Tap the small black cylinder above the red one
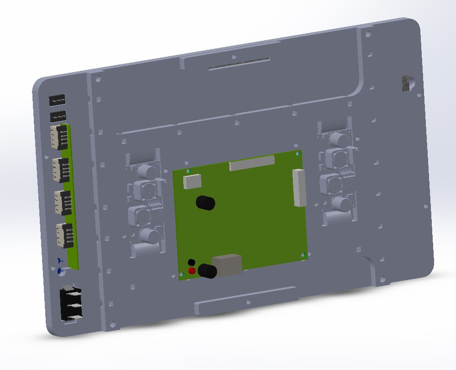[x=191, y=262]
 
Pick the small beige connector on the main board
[x=192, y=181]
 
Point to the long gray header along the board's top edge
[x=252, y=163]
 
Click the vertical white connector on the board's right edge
[x=299, y=187]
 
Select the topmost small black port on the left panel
[x=57, y=100]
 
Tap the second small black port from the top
[x=58, y=116]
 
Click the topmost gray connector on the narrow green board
[x=59, y=137]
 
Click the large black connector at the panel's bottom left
[x=71, y=303]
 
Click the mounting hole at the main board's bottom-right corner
[x=303, y=255]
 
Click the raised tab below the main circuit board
[x=244, y=302]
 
